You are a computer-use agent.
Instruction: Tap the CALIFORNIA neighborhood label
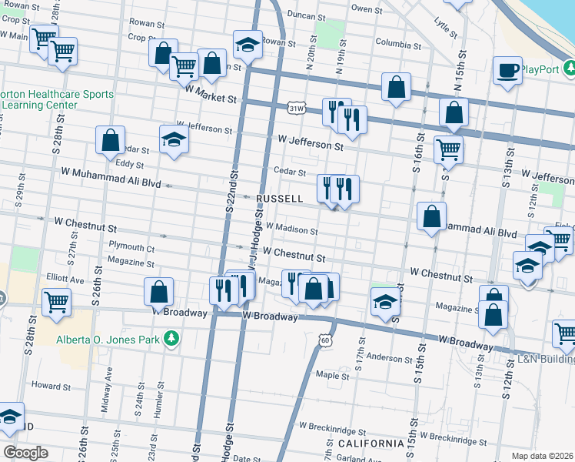coord(371,444)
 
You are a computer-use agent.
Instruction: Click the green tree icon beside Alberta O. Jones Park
coord(173,338)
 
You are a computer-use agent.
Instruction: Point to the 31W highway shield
coord(297,109)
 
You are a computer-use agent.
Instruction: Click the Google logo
coord(25,452)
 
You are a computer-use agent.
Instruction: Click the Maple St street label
coord(333,376)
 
